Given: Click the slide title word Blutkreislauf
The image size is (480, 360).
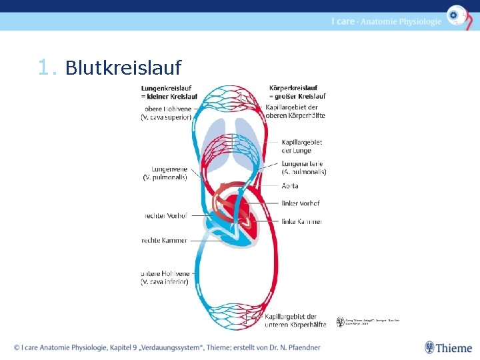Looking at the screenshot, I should coord(123,68).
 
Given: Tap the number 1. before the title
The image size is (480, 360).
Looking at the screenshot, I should coord(49,68).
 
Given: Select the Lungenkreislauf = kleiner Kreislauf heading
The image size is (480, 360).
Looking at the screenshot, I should coord(169,92).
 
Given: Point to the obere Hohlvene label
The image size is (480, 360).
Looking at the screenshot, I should coord(167,113).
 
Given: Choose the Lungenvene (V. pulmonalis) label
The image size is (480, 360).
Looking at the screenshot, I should coord(165,173).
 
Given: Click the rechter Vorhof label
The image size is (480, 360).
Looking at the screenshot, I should coord(166,215).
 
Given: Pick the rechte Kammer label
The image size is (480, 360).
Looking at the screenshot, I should coord(165,240).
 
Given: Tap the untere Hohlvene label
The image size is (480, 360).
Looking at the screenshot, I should coord(165,277).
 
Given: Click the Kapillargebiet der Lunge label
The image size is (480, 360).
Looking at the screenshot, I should coord(302,146).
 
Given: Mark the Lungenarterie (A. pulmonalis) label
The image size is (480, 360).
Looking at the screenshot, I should coord(304,167).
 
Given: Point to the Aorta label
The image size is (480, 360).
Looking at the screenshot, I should coord(290,186).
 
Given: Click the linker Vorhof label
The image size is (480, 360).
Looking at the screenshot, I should coord(301,203).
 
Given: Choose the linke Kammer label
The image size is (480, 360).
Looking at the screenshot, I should coord(301,221).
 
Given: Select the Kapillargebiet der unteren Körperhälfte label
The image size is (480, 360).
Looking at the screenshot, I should coord(295,321).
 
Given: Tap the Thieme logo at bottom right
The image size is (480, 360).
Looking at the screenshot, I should coord(448,347).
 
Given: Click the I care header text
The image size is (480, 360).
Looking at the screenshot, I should coord(386,21).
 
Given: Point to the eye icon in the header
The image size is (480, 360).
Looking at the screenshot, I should coord(457,15).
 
